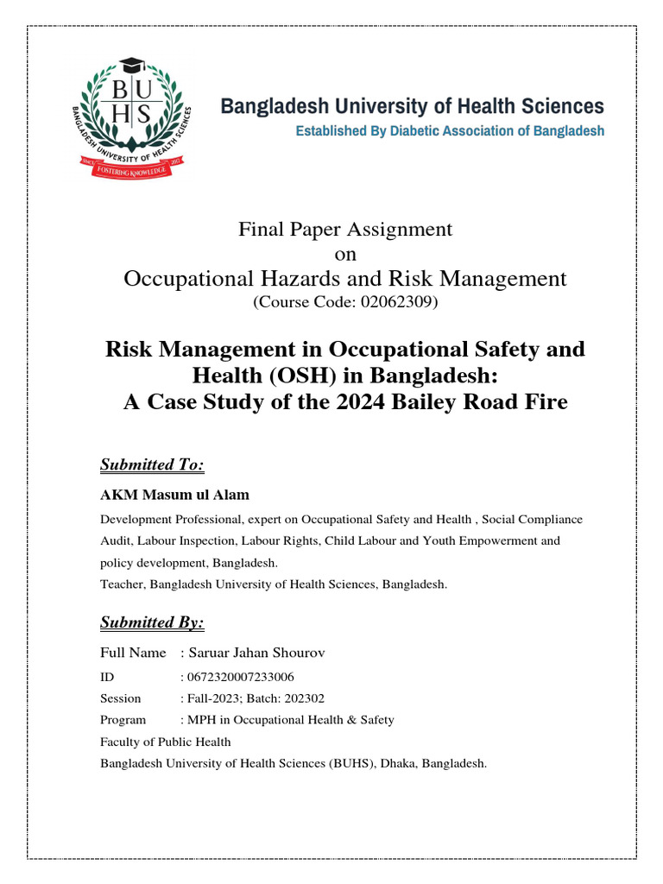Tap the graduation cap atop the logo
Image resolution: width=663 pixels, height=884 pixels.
(130, 66)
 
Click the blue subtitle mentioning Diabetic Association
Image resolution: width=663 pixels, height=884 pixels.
(450, 132)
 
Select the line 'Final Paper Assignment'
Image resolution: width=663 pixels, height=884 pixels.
(344, 229)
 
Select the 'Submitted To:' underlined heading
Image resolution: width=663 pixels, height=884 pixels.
(152, 465)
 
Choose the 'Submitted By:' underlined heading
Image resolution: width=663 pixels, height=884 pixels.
(152, 622)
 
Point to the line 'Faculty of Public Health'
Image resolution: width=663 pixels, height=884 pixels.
(166, 742)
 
